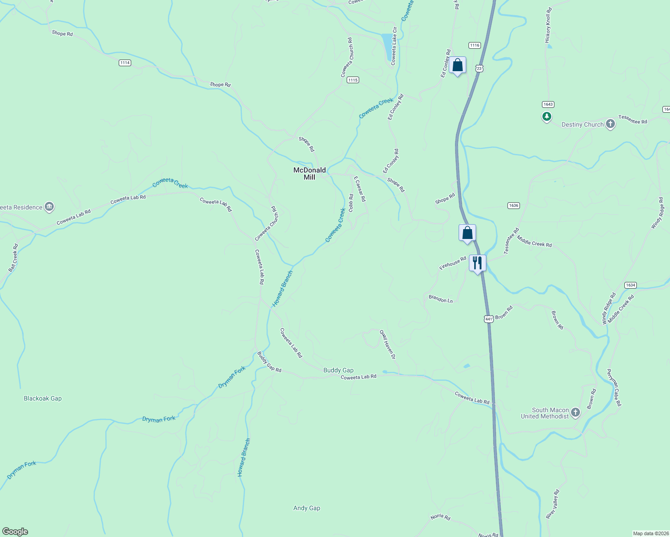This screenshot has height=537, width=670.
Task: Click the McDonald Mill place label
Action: (309, 174)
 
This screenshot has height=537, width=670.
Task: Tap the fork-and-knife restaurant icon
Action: (477, 263)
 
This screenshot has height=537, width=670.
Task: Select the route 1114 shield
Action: (125, 63)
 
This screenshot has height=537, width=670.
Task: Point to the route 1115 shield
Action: (353, 80)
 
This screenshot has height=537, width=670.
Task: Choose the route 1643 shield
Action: (548, 104)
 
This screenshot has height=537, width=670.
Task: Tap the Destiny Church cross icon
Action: (610, 124)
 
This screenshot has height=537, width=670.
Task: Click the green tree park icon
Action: (546, 117)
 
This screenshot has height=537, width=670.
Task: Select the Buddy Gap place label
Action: (339, 370)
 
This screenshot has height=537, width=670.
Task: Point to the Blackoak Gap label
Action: (43, 398)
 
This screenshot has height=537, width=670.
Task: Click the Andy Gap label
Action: (307, 508)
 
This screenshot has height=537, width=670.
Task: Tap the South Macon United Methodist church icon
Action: (576, 412)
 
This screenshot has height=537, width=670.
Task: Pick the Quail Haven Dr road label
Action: (388, 345)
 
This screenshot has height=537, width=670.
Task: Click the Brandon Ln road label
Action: (441, 299)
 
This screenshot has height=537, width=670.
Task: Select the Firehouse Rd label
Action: (453, 263)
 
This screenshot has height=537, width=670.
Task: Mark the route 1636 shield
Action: (513, 205)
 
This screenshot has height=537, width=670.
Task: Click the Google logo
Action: (15, 532)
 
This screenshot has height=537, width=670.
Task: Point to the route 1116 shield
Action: (475, 45)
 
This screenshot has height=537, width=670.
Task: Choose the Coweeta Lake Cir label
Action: (394, 46)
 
